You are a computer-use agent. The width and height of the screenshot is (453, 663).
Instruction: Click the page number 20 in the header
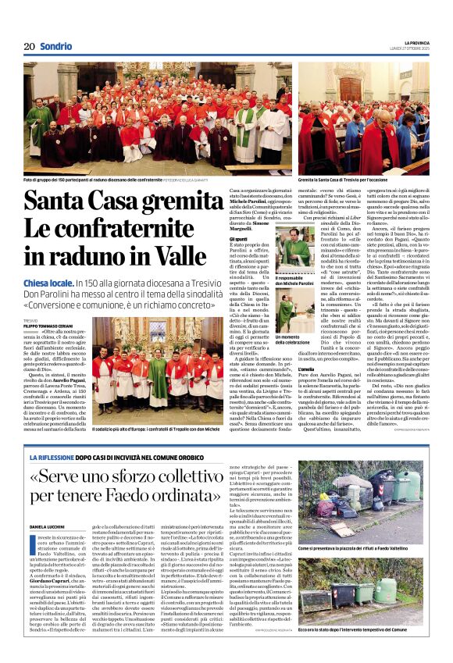(30, 46)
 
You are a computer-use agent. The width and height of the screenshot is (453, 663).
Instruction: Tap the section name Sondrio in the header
(56, 46)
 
